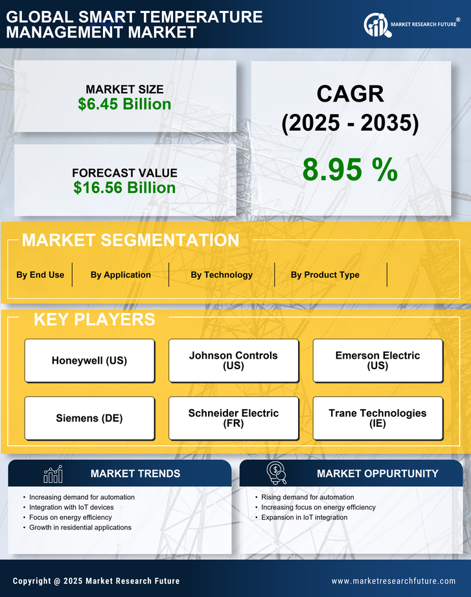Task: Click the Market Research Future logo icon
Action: coord(376,25)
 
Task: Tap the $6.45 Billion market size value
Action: coord(124,104)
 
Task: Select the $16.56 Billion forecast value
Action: coord(124,188)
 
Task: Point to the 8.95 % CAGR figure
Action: coord(350,170)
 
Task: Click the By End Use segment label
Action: coord(40,275)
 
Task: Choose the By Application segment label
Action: coord(121,275)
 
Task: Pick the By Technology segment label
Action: coord(222,275)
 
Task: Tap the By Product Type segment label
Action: coord(325,275)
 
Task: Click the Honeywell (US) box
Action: coord(89,361)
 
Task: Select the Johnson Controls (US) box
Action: coord(233,361)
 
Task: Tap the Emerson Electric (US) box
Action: coord(378,361)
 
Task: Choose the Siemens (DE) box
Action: coord(89,418)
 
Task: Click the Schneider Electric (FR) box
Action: coord(233,418)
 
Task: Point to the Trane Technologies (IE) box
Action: coord(378,418)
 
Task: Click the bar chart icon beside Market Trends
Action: coord(53,474)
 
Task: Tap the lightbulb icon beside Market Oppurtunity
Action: coord(276,474)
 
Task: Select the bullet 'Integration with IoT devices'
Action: coord(71,507)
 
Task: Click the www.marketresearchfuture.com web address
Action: coord(393,581)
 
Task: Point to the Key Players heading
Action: coord(94,319)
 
